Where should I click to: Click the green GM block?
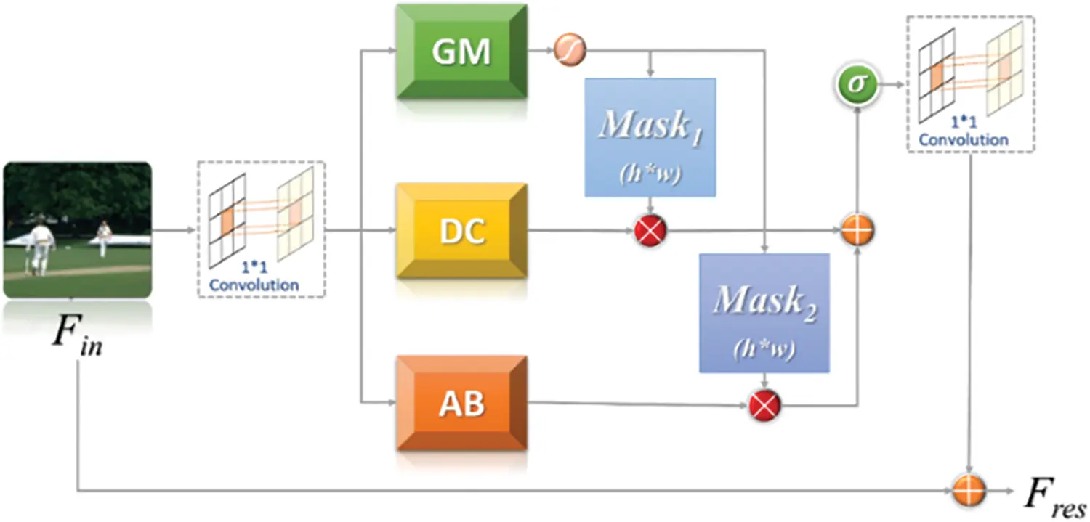tap(461, 52)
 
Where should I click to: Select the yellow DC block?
tap(461, 232)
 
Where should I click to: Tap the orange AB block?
tap(461, 404)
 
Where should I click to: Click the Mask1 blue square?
tap(650, 137)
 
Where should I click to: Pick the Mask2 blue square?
tap(764, 313)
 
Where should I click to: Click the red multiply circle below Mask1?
tap(650, 232)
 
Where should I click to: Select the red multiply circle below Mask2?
tap(764, 404)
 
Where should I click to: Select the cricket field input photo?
tap(77, 229)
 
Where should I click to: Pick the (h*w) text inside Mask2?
tap(764, 351)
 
